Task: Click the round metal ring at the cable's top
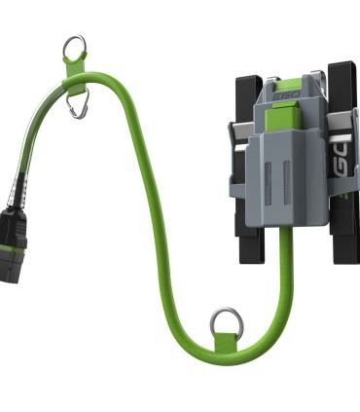[74, 46]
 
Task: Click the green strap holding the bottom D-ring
[225, 338]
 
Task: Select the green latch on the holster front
[282, 119]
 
